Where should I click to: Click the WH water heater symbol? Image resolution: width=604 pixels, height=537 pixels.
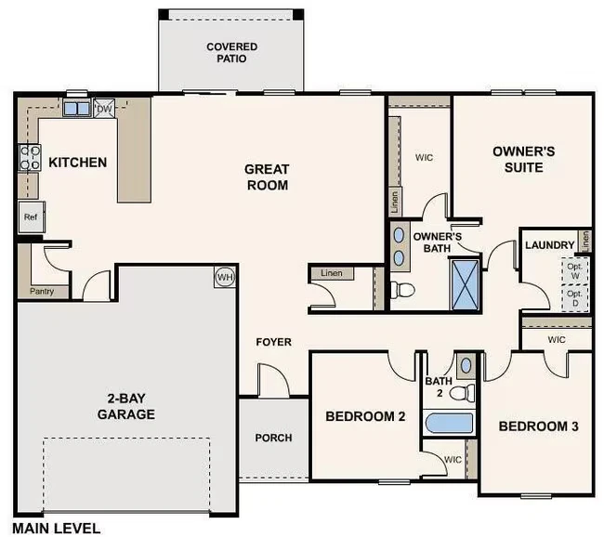point(225,277)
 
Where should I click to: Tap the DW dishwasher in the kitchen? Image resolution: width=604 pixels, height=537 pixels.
point(104,109)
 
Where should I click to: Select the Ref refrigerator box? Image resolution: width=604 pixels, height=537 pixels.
point(32,216)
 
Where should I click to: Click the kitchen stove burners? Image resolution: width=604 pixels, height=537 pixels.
point(30,157)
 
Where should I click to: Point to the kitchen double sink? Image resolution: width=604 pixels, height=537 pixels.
point(77,109)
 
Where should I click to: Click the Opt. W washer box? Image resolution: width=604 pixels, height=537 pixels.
point(574,270)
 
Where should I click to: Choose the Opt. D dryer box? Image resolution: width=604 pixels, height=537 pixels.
point(574,298)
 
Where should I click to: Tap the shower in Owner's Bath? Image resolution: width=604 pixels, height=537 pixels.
point(466,285)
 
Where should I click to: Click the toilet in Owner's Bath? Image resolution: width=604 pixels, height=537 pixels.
point(402,290)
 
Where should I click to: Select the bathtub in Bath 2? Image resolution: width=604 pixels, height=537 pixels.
point(449,423)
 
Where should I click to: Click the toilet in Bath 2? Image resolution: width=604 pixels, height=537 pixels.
point(462,393)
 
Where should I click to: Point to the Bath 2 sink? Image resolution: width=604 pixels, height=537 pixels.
point(466,365)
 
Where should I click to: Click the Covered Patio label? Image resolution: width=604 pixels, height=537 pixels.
point(232,52)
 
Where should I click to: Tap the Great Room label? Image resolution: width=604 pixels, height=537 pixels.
point(267,177)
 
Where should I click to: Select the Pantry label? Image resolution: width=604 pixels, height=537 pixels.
point(42,291)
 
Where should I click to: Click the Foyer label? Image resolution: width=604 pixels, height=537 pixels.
point(273,342)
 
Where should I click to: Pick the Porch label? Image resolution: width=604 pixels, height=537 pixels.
point(273,438)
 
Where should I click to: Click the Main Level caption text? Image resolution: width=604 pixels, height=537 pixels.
point(57,528)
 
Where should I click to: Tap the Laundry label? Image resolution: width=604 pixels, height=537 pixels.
point(550,245)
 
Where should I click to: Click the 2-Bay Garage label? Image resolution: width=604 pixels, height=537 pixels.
point(126,406)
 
